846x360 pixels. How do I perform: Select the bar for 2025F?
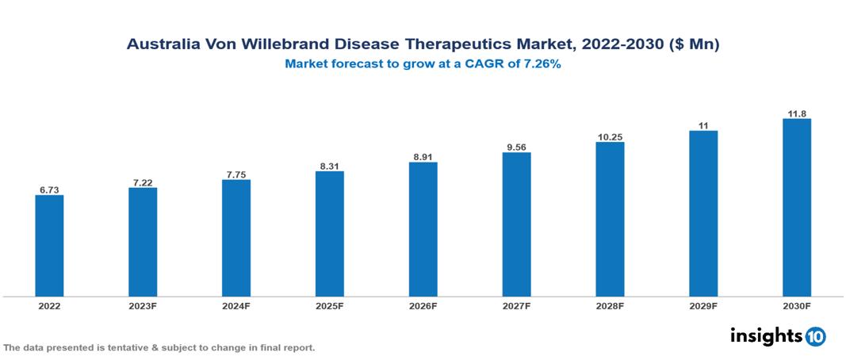click(329, 234)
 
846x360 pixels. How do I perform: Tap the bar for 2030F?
click(796, 208)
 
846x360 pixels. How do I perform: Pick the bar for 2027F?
click(516, 224)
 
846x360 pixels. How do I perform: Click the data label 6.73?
click(49, 190)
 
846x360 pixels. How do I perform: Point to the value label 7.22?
click(143, 182)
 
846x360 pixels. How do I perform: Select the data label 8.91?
click(423, 157)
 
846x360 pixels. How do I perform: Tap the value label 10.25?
click(610, 137)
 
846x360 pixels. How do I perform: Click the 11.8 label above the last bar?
click(796, 113)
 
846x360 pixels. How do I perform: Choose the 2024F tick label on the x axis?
click(236, 305)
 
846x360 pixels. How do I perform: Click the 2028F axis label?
click(610, 305)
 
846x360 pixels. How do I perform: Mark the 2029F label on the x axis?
click(703, 305)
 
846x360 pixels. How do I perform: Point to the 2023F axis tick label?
click(143, 305)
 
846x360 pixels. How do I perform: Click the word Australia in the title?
click(163, 45)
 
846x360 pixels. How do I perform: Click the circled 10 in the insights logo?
click(815, 337)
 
